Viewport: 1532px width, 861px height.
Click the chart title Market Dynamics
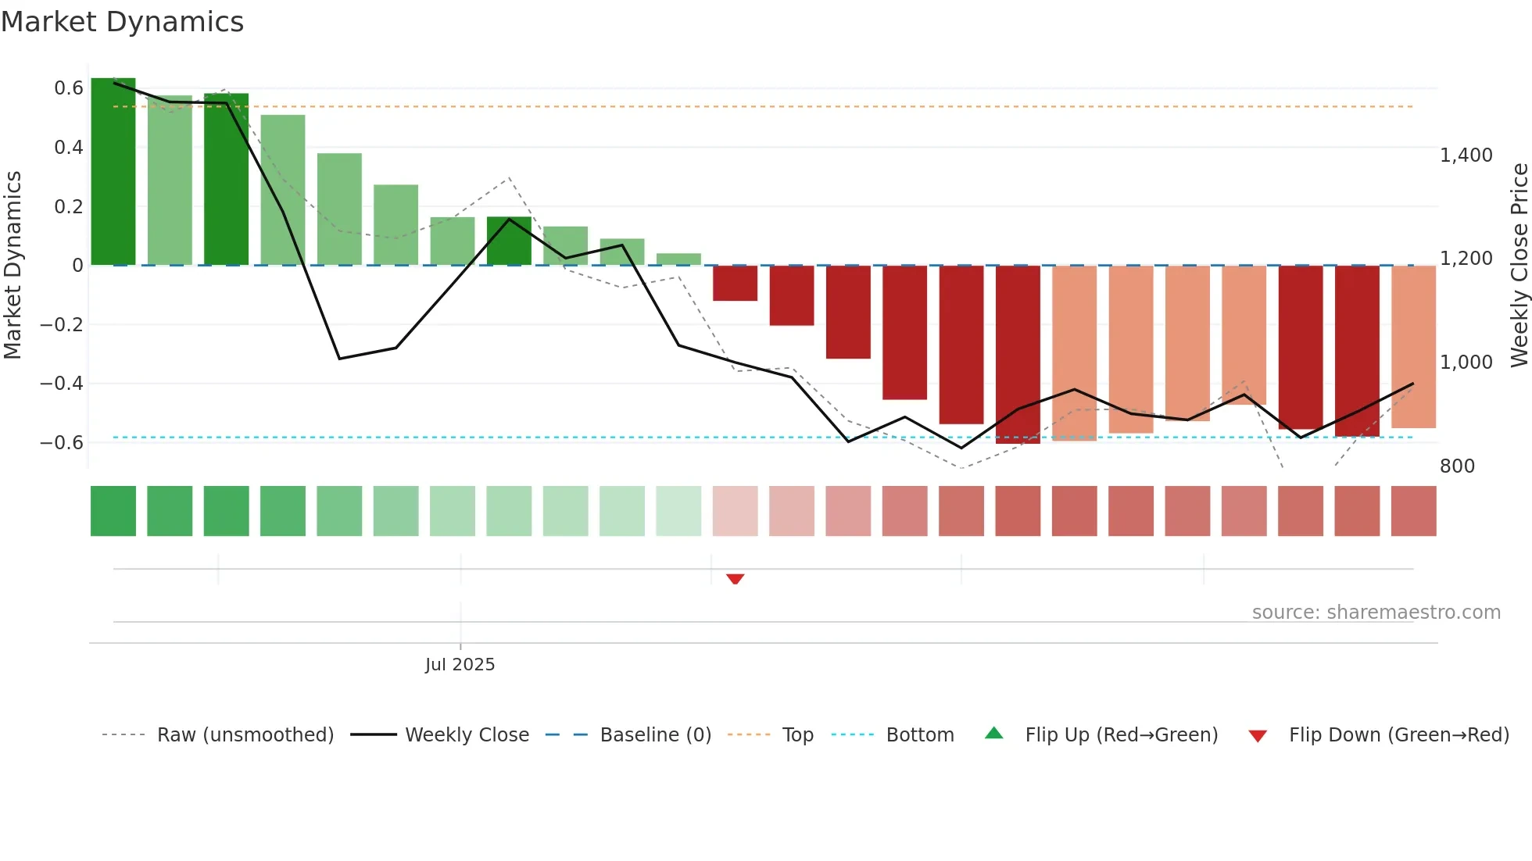click(123, 22)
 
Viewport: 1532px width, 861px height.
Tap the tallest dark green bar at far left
click(113, 172)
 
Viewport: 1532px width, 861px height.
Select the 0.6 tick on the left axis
click(69, 88)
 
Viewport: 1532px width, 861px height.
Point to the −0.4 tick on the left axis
click(62, 384)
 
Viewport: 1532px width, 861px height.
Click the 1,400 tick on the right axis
click(1466, 155)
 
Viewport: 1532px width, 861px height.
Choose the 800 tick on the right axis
click(1457, 466)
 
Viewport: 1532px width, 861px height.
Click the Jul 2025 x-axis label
click(460, 665)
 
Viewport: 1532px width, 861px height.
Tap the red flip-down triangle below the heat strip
click(735, 579)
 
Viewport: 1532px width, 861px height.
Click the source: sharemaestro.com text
click(1376, 613)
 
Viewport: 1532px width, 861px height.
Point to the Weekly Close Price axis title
click(1519, 266)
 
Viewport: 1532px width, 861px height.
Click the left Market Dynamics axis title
click(13, 266)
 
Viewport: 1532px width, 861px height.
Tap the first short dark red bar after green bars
click(735, 283)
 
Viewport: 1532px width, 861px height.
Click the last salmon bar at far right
click(1413, 347)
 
